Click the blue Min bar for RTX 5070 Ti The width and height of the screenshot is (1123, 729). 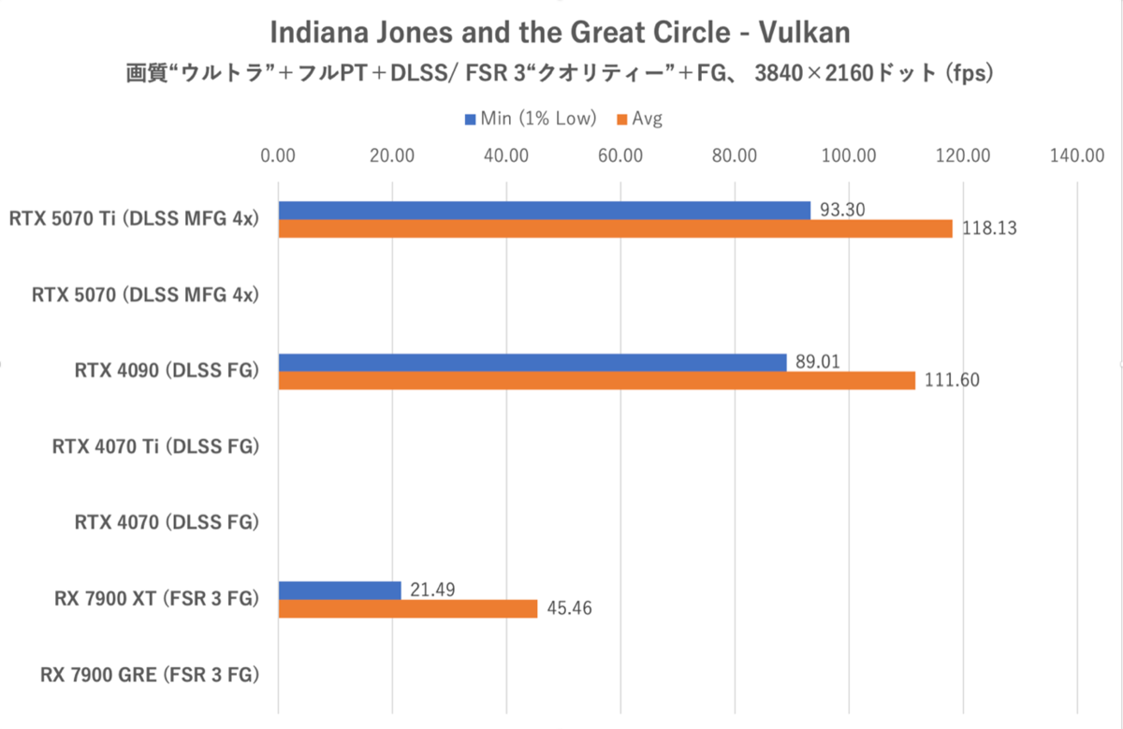pyautogui.click(x=544, y=211)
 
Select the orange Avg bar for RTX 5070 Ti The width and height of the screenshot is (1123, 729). pyautogui.click(x=615, y=228)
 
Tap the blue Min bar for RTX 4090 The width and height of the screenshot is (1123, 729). pyautogui.click(x=532, y=362)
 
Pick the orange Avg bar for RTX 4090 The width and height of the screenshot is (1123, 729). pyautogui.click(x=596, y=380)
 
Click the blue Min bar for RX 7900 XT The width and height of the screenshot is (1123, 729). pyautogui.click(x=340, y=590)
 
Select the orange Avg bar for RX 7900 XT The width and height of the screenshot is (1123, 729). pyautogui.click(x=408, y=608)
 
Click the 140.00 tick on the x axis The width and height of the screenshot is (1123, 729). pyautogui.click(x=1077, y=155)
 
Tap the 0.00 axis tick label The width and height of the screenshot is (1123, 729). pyautogui.click(x=278, y=155)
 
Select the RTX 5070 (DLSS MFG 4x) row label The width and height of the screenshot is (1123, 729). pyautogui.click(x=145, y=295)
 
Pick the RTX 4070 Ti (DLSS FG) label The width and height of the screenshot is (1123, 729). pyautogui.click(x=155, y=446)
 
